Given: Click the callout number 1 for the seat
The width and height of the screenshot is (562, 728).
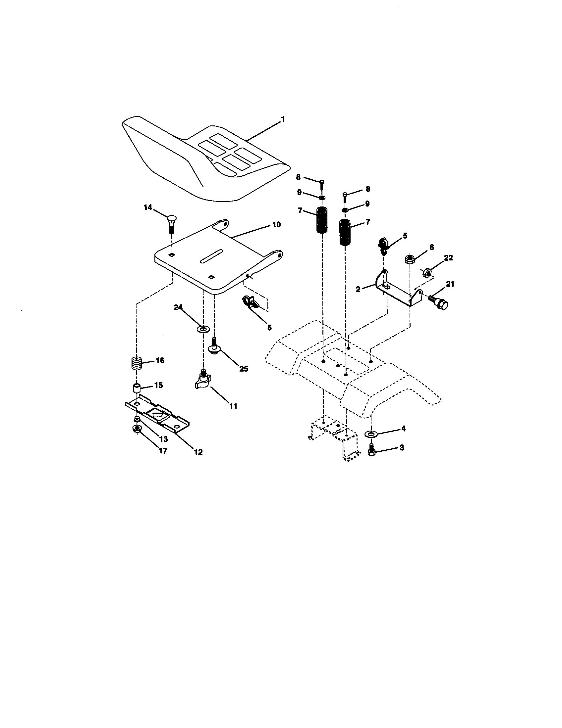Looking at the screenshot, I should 283,119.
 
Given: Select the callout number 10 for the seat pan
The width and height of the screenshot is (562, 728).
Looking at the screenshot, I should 277,225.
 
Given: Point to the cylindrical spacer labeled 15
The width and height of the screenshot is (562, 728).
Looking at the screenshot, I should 137,388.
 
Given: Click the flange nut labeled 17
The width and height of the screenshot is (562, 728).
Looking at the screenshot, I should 137,429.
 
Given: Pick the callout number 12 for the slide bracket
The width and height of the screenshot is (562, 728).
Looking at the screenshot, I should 198,452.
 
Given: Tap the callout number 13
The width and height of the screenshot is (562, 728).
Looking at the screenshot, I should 163,439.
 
